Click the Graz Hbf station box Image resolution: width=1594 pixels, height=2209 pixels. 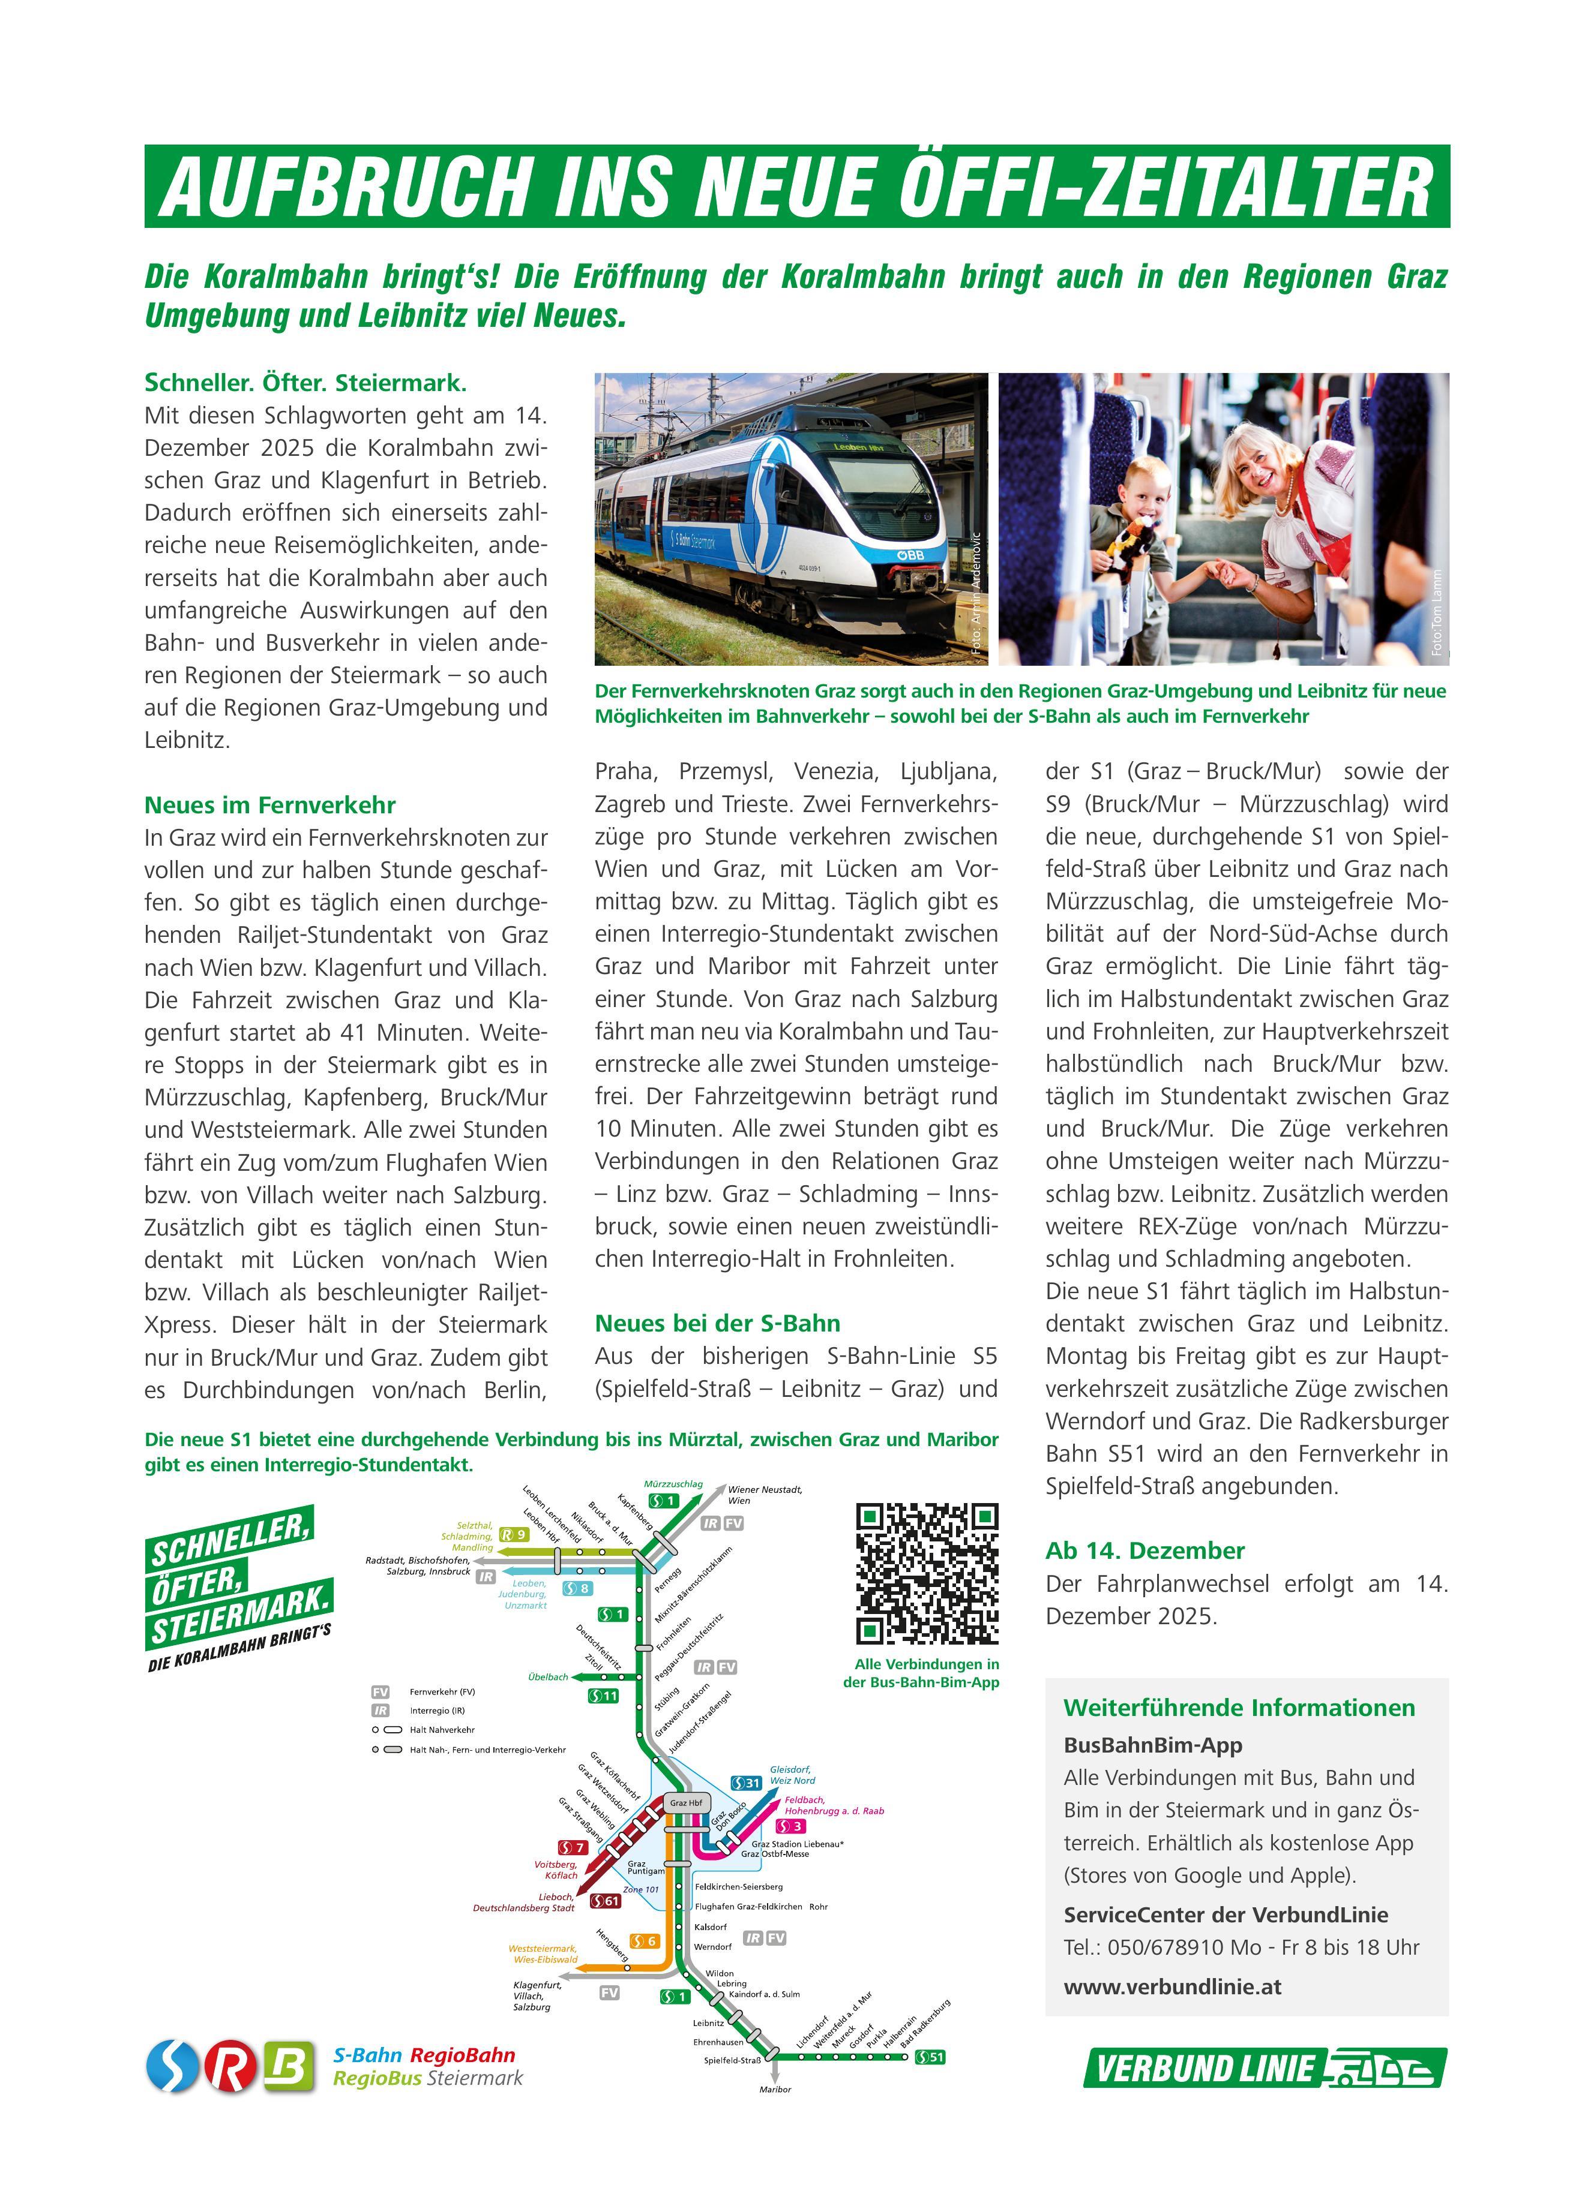tap(686, 1803)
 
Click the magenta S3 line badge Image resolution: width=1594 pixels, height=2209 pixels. tap(790, 1826)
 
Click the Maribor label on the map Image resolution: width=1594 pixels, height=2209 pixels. tap(775, 2089)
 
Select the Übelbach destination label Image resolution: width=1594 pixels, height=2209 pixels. tap(547, 1676)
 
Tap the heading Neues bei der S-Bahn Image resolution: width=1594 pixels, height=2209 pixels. tap(717, 1323)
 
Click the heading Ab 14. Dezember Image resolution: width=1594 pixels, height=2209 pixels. tap(1145, 1550)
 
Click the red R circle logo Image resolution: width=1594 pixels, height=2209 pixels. tap(232, 2067)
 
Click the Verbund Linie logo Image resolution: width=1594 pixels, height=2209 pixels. tap(1265, 2068)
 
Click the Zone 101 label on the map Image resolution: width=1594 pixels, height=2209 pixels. tap(640, 1889)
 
